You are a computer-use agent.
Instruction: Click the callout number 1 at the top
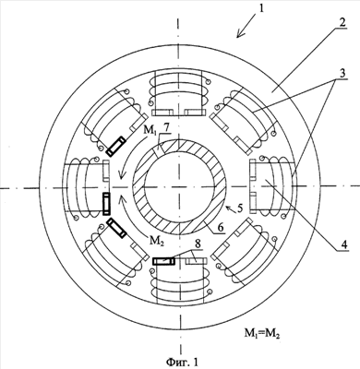(x=261, y=8)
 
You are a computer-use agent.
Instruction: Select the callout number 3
(x=342, y=73)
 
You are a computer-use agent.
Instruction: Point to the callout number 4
(x=344, y=244)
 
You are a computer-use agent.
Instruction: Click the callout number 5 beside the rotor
(x=240, y=208)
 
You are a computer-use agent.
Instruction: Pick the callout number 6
(x=222, y=227)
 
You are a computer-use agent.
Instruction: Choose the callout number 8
(x=198, y=244)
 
